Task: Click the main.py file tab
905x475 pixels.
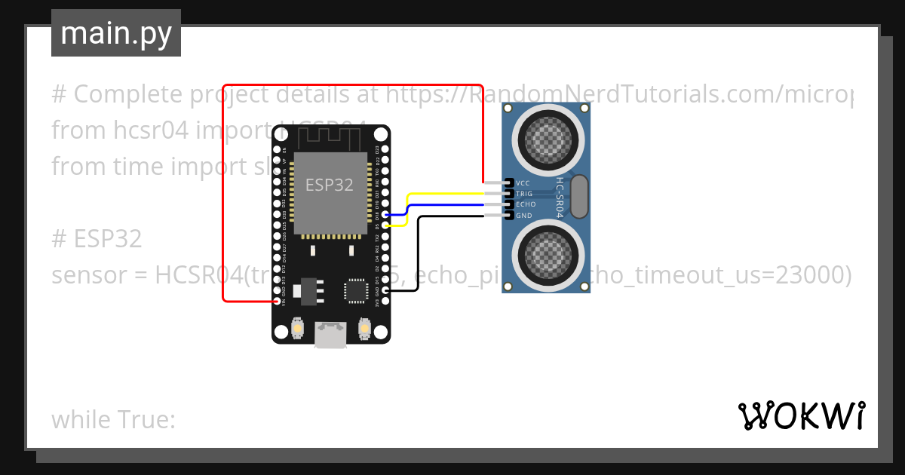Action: coord(116,33)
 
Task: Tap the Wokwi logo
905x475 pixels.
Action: coord(801,415)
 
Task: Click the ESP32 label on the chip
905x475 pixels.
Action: coord(329,185)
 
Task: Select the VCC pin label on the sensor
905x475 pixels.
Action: coord(523,183)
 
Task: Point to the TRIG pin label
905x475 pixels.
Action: coord(524,194)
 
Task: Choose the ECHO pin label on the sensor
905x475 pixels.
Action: coord(526,204)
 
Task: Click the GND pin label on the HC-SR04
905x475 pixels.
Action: coord(523,216)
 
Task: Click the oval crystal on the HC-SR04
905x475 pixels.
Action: coord(579,195)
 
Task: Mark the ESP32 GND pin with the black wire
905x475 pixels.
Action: coord(385,290)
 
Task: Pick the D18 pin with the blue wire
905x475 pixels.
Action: coord(385,215)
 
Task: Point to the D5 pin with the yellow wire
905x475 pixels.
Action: coord(385,225)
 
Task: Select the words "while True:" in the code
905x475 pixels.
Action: coord(113,419)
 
